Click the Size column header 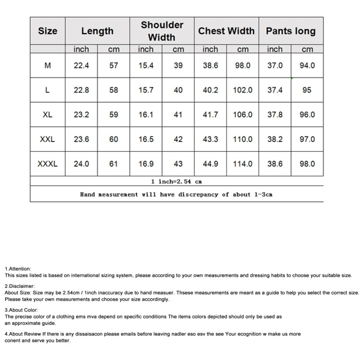pyautogui.click(x=48, y=31)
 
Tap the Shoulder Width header pyautogui.click(x=162, y=31)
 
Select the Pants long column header pyautogui.click(x=291, y=31)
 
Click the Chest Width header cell pyautogui.click(x=227, y=31)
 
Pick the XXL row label pyautogui.click(x=48, y=139)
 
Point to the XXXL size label pyautogui.click(x=48, y=164)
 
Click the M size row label pyautogui.click(x=48, y=66)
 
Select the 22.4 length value pyautogui.click(x=81, y=66)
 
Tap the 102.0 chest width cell pyautogui.click(x=242, y=90)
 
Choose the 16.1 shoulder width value pyautogui.click(x=146, y=115)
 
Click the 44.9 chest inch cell pyautogui.click(x=210, y=164)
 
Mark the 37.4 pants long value pyautogui.click(x=275, y=90)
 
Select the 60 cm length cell pyautogui.click(x=114, y=139)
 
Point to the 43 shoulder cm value pyautogui.click(x=178, y=164)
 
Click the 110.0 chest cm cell pyautogui.click(x=242, y=139)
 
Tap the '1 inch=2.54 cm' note pyautogui.click(x=176, y=181)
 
